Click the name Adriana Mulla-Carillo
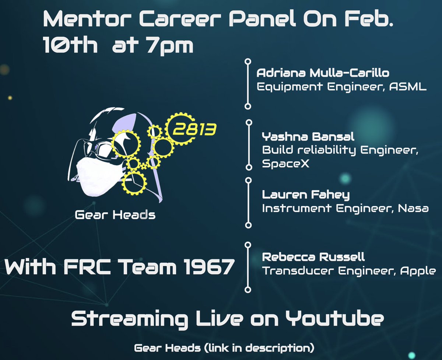[x=322, y=73]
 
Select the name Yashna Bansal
[x=308, y=137]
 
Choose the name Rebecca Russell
[x=313, y=256]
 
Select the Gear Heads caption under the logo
[x=115, y=214]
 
